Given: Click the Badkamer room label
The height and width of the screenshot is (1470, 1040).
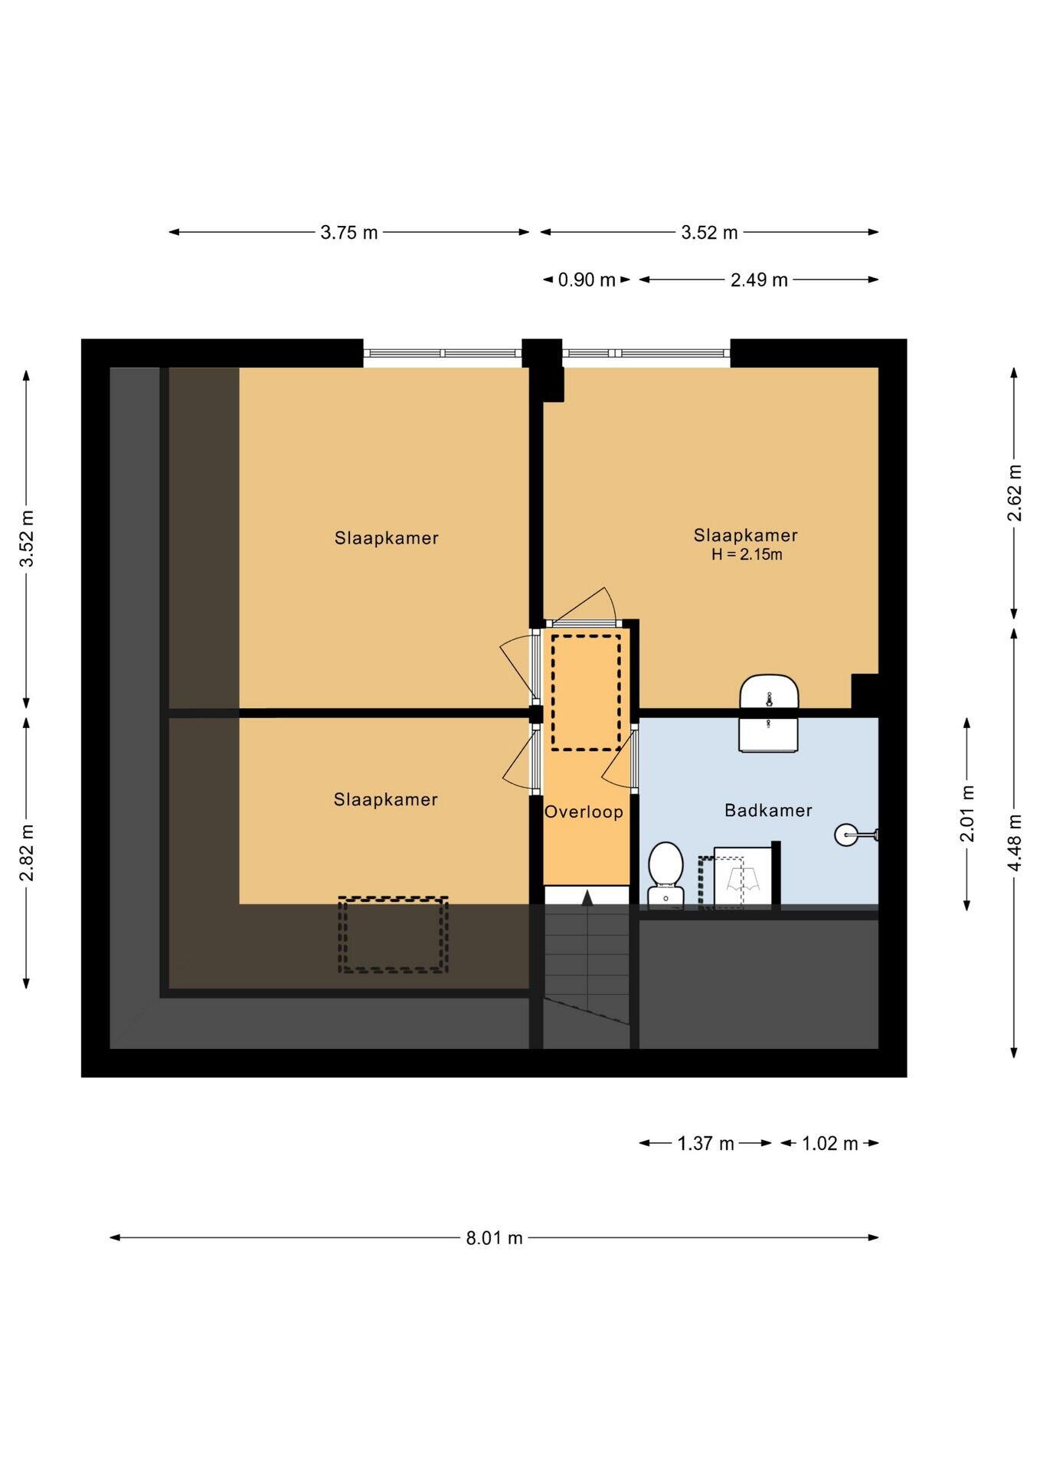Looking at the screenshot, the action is pos(768,810).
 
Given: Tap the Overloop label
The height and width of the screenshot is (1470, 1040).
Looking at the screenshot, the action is pos(584,812).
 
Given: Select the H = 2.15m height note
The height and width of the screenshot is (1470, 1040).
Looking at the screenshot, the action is pos(747,554).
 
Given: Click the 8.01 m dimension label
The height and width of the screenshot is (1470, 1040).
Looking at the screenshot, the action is pos(495,1237).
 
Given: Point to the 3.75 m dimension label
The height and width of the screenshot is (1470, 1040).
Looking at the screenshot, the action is pos(349,232).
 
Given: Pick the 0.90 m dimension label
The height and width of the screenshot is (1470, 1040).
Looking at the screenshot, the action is pos(587,279).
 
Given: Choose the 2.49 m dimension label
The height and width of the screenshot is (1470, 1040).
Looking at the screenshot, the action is pos(759,279).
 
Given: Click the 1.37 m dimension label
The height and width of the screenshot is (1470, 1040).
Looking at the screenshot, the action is pos(705,1143).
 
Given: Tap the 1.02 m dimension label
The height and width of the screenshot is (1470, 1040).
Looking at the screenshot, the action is pos(830,1143).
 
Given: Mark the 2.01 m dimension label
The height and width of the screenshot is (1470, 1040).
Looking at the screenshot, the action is pos(967,813).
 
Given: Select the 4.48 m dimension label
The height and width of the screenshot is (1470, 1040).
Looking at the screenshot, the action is pos(1015,842).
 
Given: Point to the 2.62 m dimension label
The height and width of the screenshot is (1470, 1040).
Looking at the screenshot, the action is pos(1015,493).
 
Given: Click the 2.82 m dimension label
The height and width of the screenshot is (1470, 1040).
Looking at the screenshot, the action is pos(27,852).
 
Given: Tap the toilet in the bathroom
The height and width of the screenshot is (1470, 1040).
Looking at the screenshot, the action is pos(666,875).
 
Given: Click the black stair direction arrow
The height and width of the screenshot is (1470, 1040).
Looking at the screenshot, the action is pos(587,898).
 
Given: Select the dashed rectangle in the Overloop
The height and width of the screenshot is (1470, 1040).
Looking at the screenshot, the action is pos(587,692).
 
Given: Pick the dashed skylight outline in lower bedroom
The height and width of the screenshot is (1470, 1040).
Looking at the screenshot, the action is pos(394,935).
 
